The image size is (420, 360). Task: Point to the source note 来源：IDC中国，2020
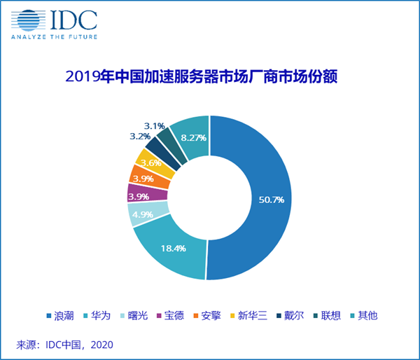[64, 345]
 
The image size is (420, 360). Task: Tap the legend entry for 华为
[99, 316]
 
